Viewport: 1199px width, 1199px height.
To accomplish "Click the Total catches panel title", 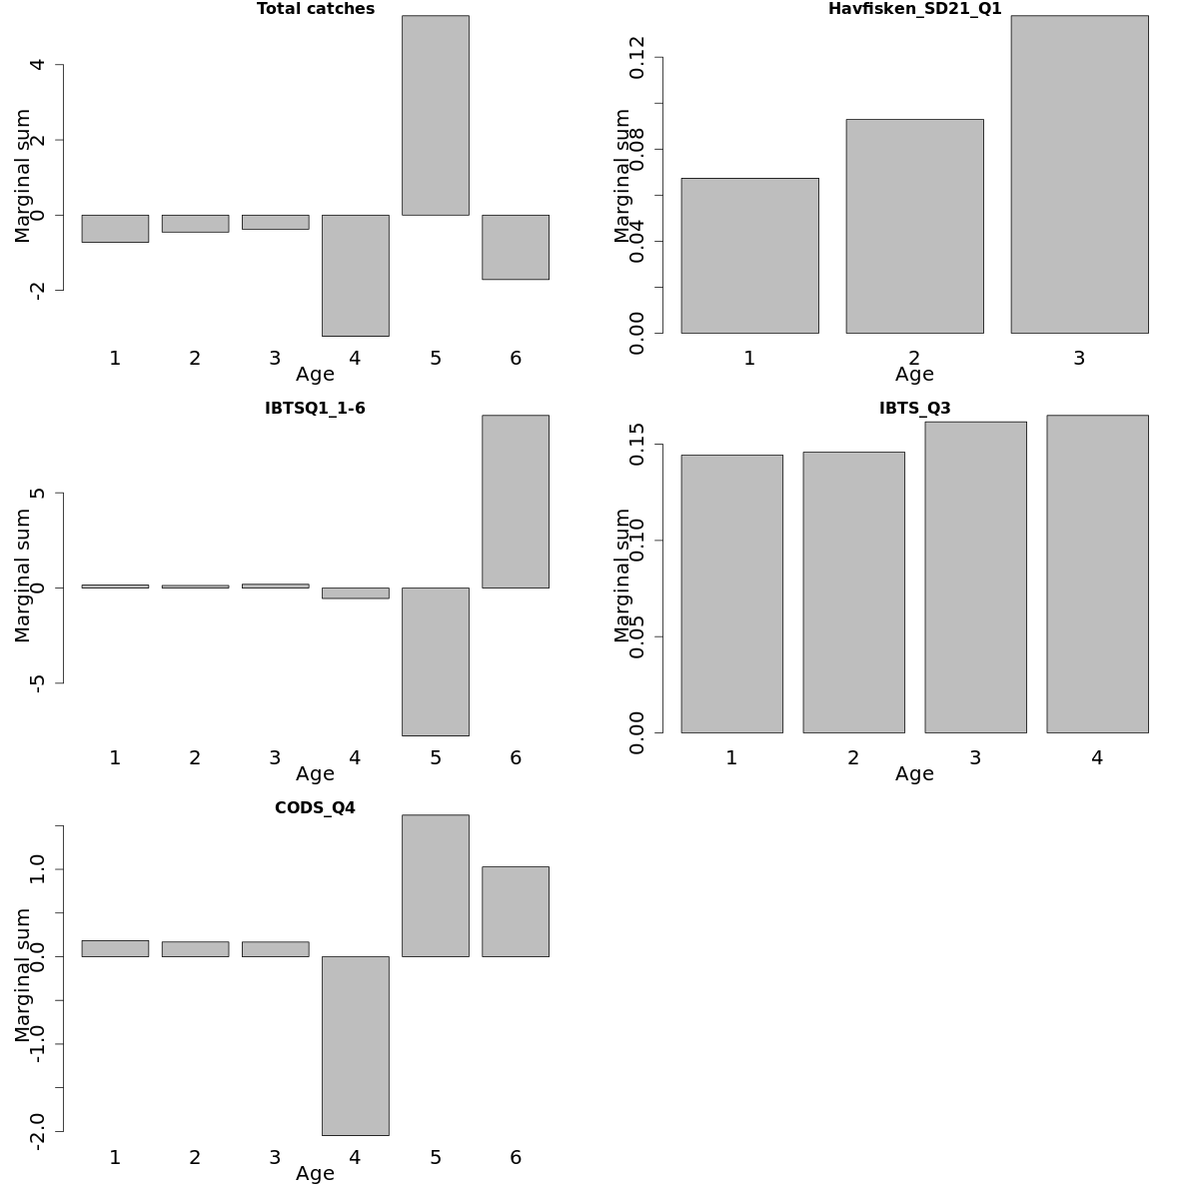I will pyautogui.click(x=316, y=9).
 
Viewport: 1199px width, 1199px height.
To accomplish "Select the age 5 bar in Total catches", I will pyautogui.click(x=436, y=115).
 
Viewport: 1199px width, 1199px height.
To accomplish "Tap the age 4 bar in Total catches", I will pyautogui.click(x=356, y=275).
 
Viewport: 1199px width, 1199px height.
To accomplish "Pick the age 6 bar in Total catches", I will pyautogui.click(x=516, y=247).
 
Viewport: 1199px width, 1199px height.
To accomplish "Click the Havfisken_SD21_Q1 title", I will pyautogui.click(x=914, y=9).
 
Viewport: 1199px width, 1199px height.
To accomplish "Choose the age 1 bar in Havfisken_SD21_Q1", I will pyautogui.click(x=749, y=255).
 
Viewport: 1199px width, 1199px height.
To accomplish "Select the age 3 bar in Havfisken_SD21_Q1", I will pyautogui.click(x=1079, y=174).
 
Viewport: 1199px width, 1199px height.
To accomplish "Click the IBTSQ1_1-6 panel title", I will pyautogui.click(x=315, y=409).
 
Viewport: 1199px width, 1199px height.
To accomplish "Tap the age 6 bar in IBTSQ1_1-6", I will pyautogui.click(x=516, y=502).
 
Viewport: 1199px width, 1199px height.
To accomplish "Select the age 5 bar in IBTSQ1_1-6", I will pyautogui.click(x=436, y=661).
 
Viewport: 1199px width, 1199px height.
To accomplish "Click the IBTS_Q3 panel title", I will pyautogui.click(x=914, y=409).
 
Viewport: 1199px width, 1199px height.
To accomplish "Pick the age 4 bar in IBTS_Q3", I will pyautogui.click(x=1097, y=574).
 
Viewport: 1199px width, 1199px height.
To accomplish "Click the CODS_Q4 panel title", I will pyautogui.click(x=315, y=808).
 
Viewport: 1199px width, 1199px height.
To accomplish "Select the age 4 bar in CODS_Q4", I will pyautogui.click(x=356, y=1045).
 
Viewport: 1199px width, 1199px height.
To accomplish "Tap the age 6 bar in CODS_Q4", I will pyautogui.click(x=516, y=911).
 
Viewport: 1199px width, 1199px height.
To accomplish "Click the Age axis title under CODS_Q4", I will pyautogui.click(x=315, y=1174).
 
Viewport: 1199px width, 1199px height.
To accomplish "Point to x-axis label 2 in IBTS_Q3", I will pyautogui.click(x=853, y=758).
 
